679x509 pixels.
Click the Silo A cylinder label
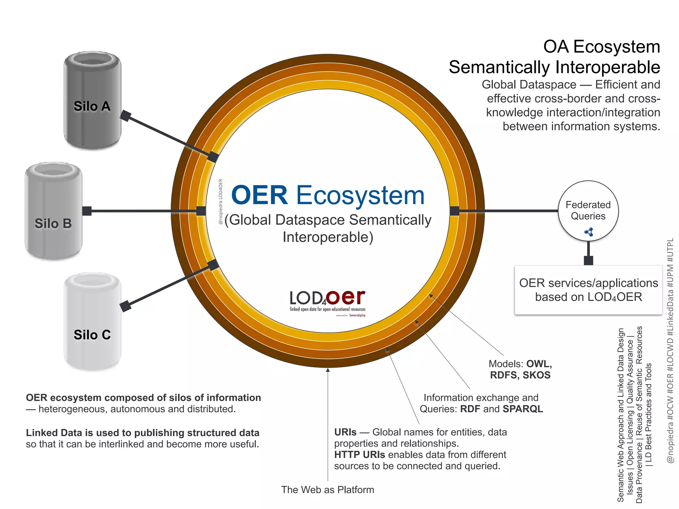(92, 106)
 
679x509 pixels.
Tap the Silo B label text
(53, 224)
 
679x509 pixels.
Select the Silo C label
(92, 335)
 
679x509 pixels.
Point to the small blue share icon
(589, 232)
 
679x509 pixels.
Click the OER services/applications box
(588, 290)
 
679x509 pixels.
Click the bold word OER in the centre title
(259, 195)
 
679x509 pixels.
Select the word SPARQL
(523, 409)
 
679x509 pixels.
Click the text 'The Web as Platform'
(328, 490)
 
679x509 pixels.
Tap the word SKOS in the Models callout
(536, 375)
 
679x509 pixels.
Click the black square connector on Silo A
(126, 116)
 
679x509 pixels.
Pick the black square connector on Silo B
(87, 211)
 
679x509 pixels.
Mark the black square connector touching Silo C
(126, 306)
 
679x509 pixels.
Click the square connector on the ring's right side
(455, 211)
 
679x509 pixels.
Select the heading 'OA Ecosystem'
(601, 47)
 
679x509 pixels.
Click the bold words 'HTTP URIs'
(359, 455)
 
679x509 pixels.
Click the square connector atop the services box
(588, 260)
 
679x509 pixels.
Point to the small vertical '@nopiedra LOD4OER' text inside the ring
(220, 201)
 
